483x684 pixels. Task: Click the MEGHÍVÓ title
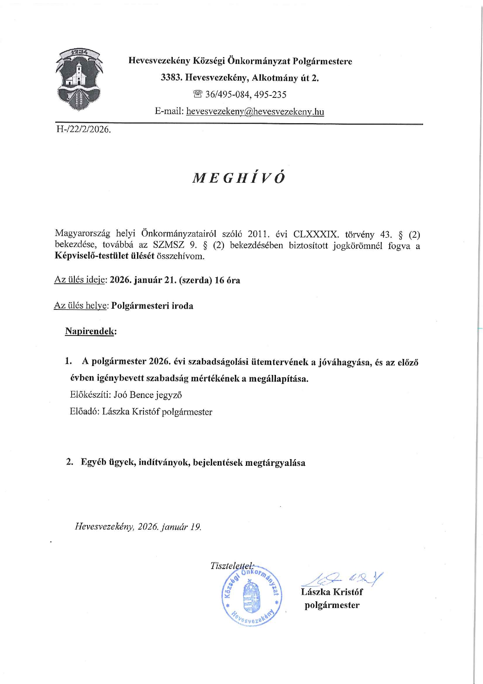(x=239, y=178)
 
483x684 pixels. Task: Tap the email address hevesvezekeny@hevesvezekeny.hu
(x=255, y=111)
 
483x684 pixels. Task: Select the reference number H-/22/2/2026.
(x=84, y=130)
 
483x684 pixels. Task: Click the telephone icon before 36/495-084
(x=198, y=94)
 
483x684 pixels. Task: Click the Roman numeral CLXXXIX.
(x=316, y=235)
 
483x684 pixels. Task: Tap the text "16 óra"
(x=227, y=280)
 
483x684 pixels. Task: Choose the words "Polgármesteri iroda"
(x=152, y=306)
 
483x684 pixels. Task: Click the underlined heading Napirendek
(x=90, y=331)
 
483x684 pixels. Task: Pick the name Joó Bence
(x=133, y=395)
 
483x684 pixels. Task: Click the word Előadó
(x=84, y=412)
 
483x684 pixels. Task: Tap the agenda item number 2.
(x=70, y=462)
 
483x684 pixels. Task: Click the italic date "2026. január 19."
(x=170, y=527)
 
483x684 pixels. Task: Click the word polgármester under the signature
(x=332, y=605)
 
